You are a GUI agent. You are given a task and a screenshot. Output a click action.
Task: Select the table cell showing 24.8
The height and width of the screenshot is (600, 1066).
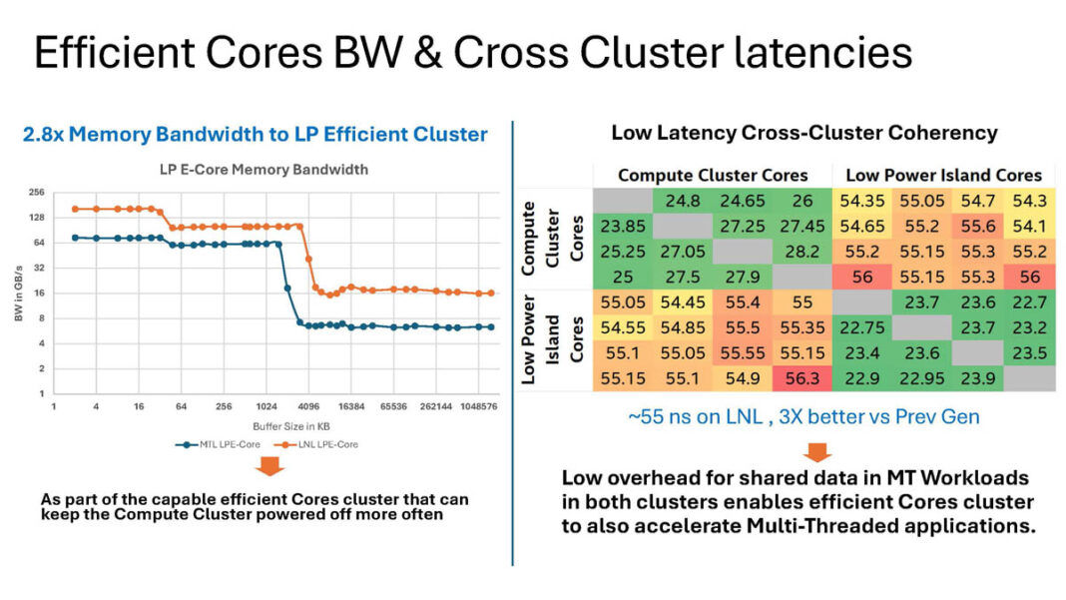point(683,202)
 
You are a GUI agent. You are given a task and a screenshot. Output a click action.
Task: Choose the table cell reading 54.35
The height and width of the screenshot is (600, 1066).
point(861,202)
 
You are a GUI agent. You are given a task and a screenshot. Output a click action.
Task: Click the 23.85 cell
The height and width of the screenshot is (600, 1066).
point(624,227)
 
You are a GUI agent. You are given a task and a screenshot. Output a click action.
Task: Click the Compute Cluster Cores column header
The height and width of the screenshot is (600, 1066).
point(713,175)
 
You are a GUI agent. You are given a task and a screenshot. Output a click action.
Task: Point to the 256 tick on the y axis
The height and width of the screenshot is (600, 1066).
point(37,192)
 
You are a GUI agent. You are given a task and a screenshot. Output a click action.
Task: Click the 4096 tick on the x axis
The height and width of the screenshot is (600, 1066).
point(308,407)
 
